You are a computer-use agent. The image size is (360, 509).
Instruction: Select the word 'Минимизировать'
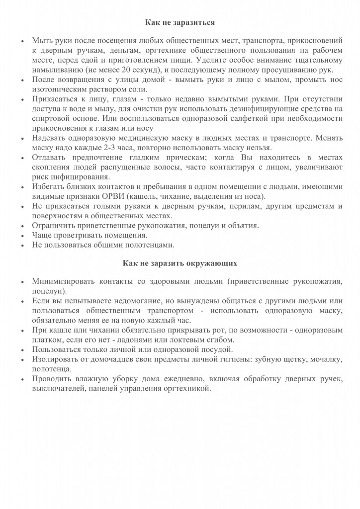62,281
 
